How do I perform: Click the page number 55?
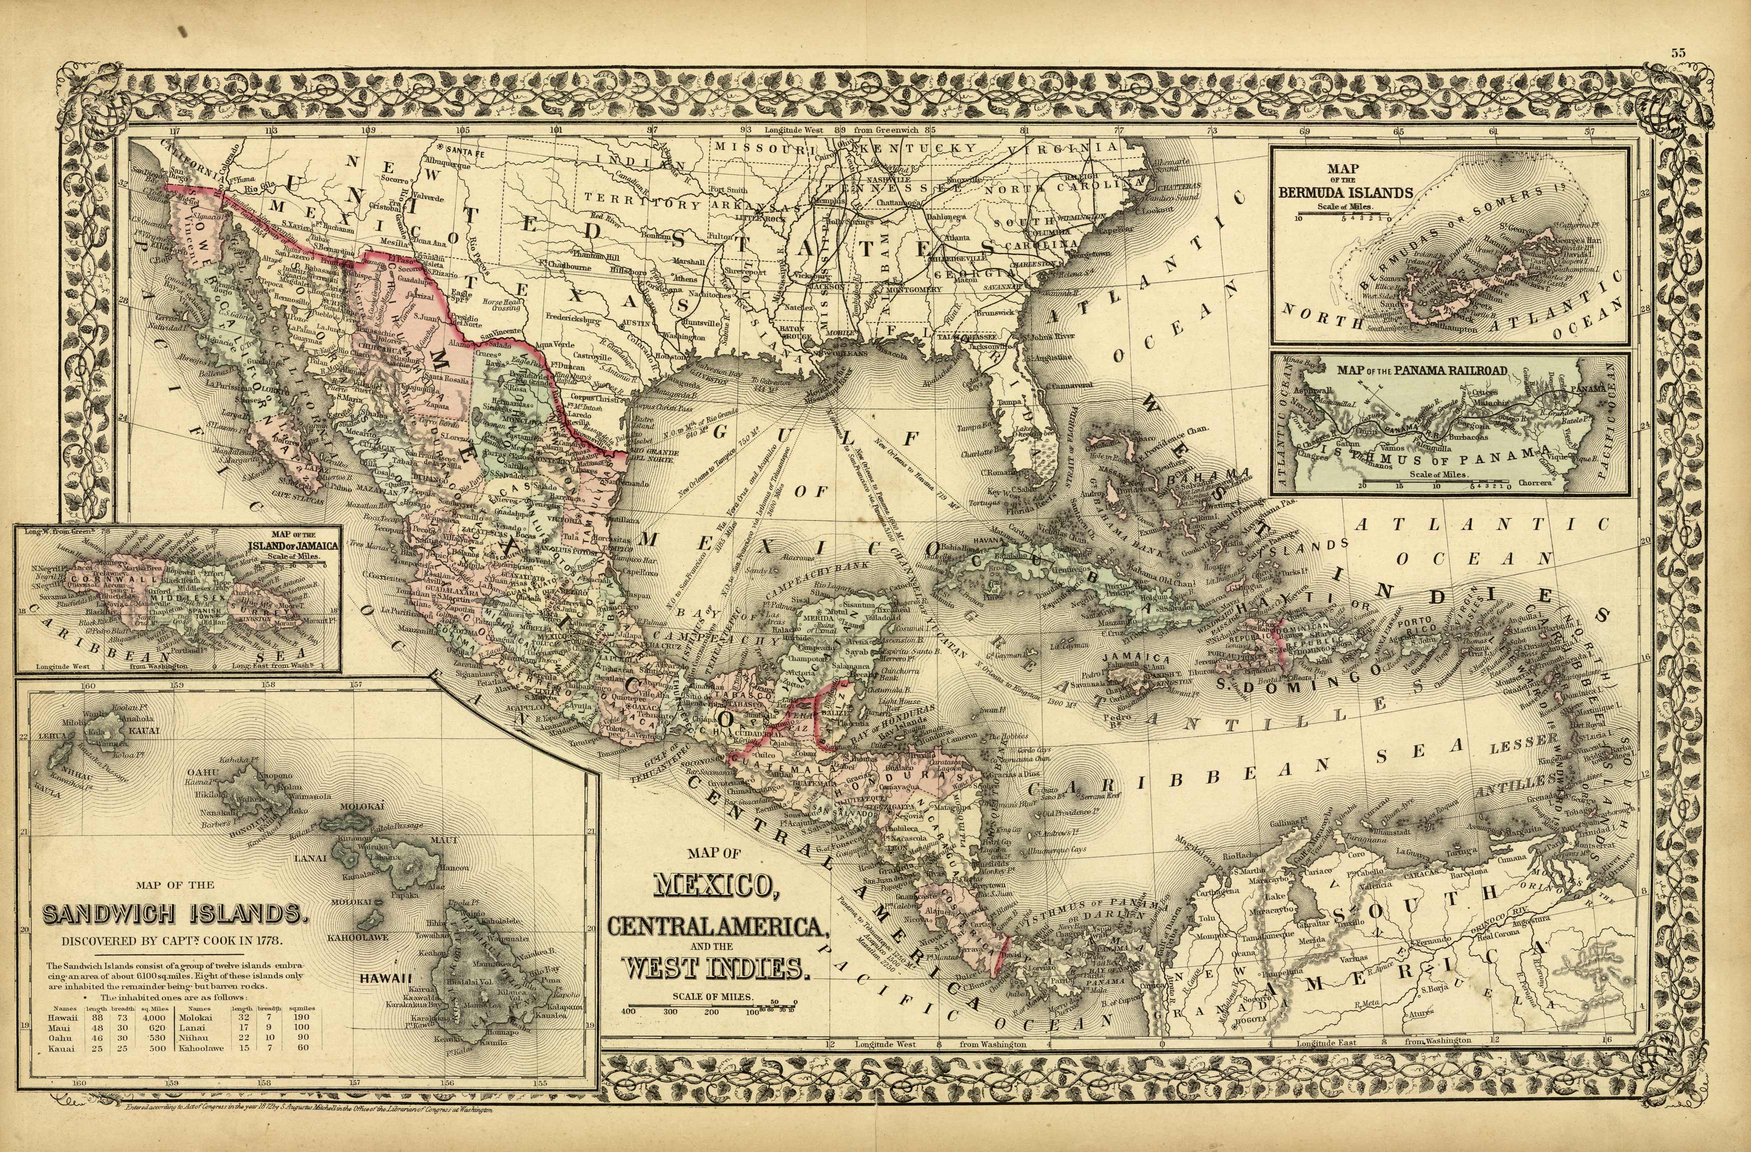click(x=1677, y=73)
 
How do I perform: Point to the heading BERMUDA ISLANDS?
click(x=1346, y=193)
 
